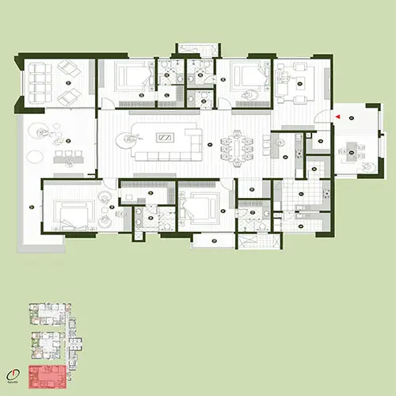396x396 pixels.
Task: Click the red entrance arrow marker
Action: (x=338, y=117)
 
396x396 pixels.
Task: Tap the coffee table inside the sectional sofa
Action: (x=165, y=137)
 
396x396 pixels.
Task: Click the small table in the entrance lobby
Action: (x=352, y=147)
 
